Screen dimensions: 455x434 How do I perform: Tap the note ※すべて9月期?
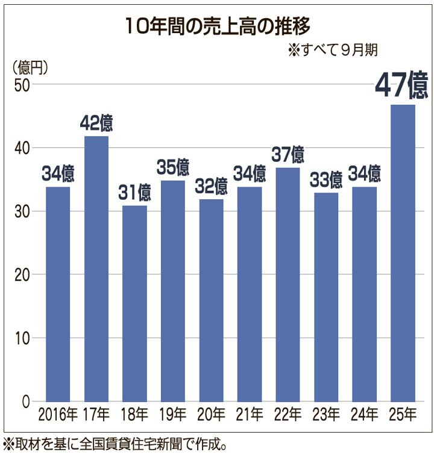(333, 50)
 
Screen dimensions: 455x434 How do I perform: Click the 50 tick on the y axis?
(22, 85)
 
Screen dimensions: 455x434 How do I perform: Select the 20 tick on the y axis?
(22, 275)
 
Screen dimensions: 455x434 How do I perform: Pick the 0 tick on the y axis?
(27, 401)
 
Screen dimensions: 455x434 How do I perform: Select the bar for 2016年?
(58, 295)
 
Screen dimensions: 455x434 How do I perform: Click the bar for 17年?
(96, 269)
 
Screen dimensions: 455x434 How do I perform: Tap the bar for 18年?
(134, 304)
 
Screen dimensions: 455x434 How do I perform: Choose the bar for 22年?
(288, 285)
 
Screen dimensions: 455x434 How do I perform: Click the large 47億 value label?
(401, 85)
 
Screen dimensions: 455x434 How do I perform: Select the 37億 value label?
(288, 155)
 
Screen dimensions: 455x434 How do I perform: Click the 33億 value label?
(325, 179)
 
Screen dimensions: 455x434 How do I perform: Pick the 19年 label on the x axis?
(173, 415)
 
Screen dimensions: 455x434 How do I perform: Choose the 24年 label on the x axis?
(364, 415)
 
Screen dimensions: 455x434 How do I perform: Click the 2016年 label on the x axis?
(58, 415)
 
